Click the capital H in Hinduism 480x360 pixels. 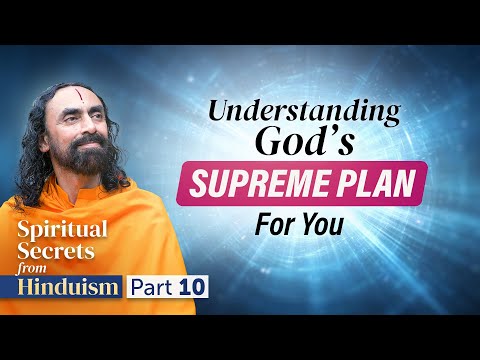pyautogui.click(x=24, y=289)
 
